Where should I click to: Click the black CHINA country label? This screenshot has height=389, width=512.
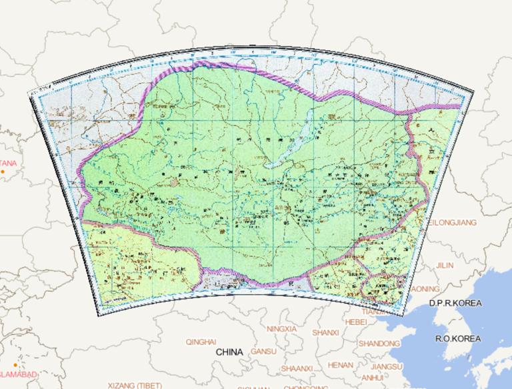point(229,351)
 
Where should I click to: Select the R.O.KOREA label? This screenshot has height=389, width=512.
point(458,338)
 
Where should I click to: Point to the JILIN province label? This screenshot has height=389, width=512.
point(444,266)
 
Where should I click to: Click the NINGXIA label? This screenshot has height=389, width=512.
point(285,329)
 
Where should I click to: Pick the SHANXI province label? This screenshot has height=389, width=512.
point(325,332)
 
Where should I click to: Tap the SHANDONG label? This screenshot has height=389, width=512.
point(379,343)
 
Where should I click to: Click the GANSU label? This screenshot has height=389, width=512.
point(263,352)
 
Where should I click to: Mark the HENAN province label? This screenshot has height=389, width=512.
point(341,365)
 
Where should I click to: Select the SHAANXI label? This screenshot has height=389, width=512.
point(297,368)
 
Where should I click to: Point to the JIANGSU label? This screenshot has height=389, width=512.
point(387,366)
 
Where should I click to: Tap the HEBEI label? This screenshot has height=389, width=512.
point(356,322)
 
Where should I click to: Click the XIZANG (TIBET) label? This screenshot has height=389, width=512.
point(135,385)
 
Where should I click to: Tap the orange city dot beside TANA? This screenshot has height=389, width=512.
point(3,172)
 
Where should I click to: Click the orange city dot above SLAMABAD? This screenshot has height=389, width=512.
point(15,365)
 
